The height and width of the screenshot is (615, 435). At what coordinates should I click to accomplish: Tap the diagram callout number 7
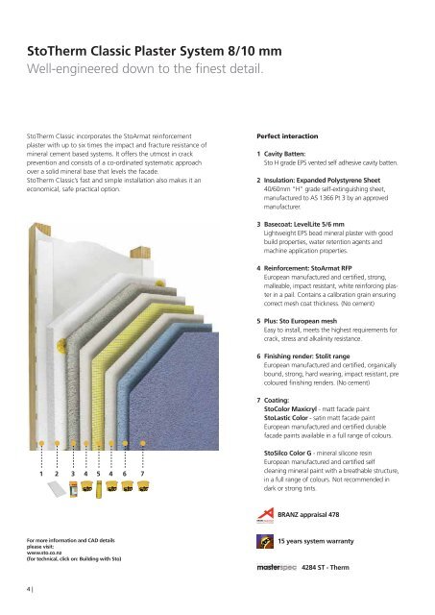pos(142,473)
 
